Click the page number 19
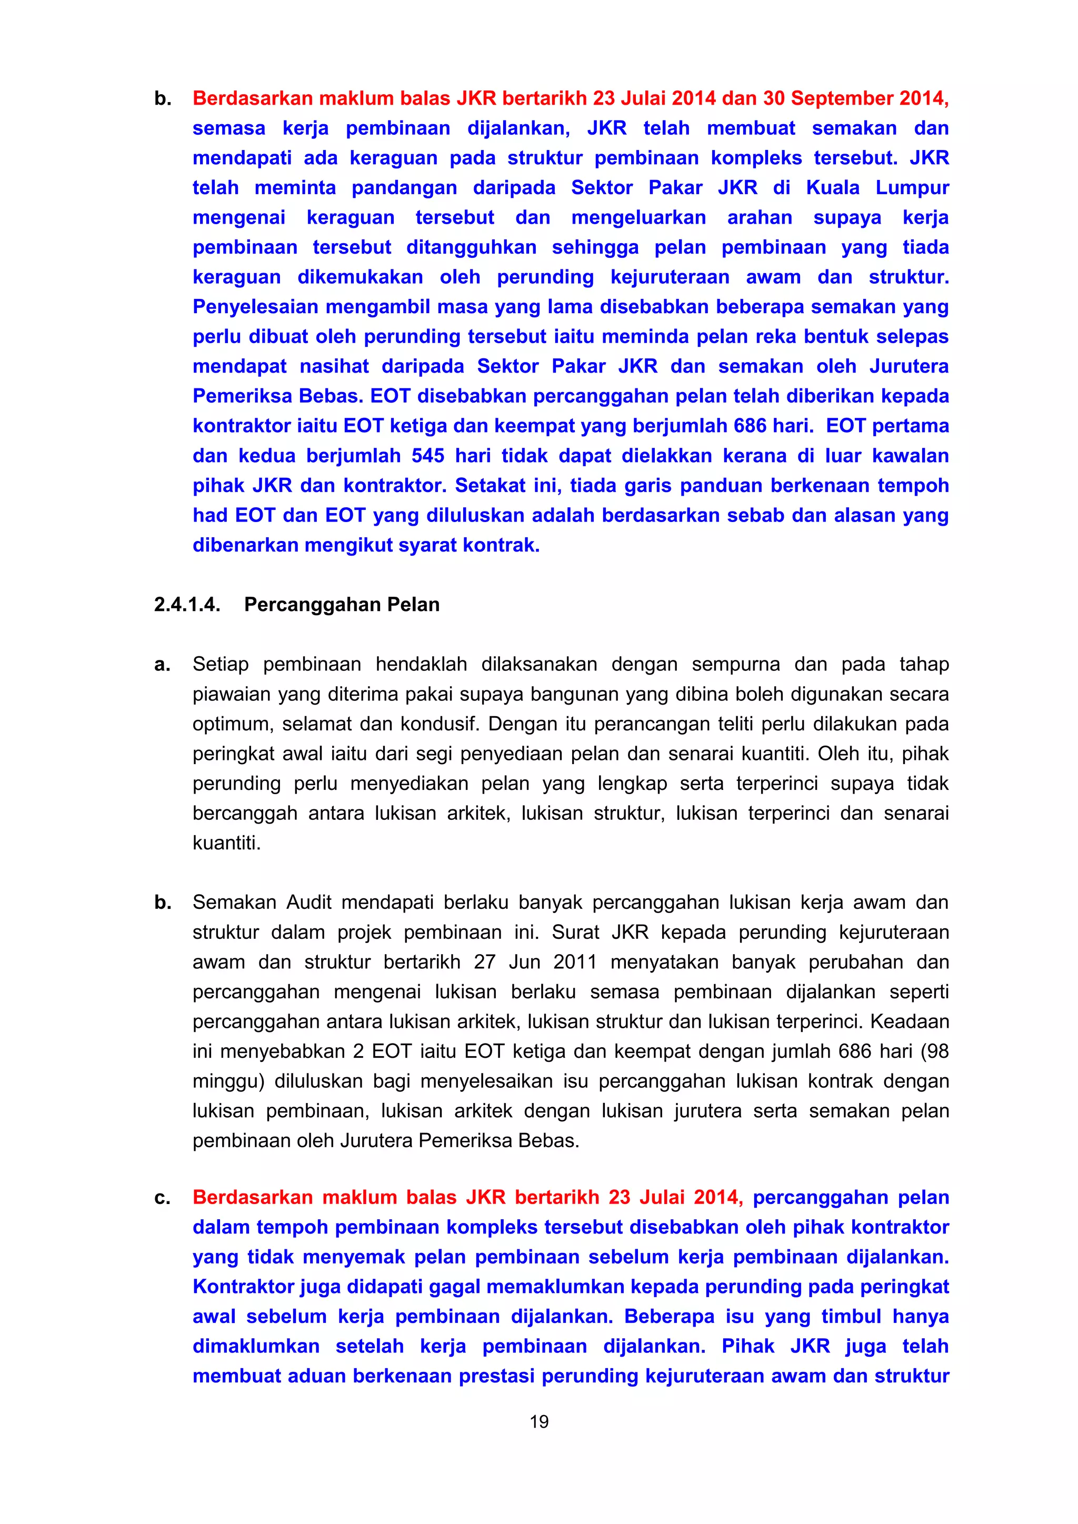point(539,1421)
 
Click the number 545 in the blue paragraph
point(428,456)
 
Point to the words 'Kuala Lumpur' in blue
point(877,188)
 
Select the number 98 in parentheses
point(936,1051)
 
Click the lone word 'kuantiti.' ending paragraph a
point(226,843)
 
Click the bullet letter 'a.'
point(162,665)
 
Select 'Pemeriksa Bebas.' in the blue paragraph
point(277,396)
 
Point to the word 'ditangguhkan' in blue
point(471,247)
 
